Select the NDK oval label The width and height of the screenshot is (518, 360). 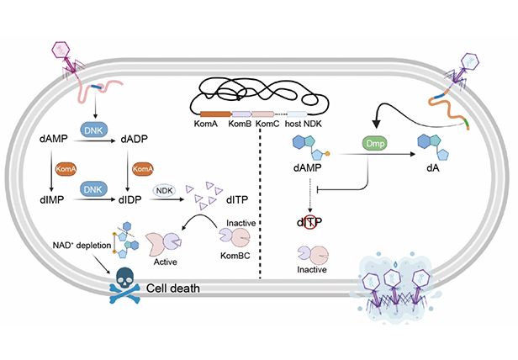point(165,191)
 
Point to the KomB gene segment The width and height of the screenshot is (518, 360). point(241,114)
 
